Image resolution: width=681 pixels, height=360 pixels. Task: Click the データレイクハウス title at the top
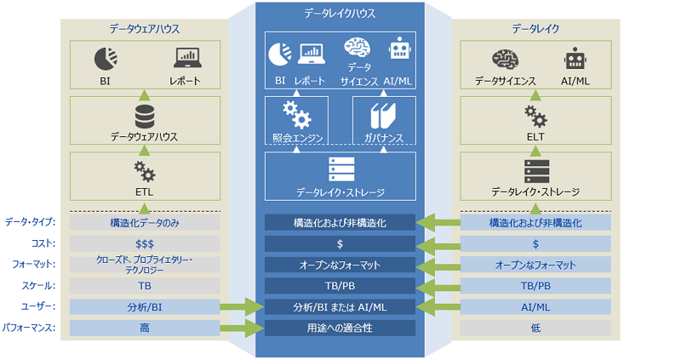coord(340,14)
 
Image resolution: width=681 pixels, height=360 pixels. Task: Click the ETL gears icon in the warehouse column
coord(145,171)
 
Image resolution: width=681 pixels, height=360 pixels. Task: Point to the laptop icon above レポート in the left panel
coord(185,59)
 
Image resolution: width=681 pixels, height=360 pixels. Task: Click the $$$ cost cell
coord(145,244)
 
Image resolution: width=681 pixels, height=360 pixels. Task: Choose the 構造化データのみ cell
coord(145,223)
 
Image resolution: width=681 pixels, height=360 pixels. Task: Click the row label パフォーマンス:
coord(31,327)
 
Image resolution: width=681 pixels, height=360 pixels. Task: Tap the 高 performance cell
coord(145,327)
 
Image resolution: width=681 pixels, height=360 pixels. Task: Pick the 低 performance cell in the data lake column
coord(536,327)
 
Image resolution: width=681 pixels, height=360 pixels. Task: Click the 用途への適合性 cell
coord(340,328)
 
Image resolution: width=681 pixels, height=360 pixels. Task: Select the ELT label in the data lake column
coord(536,136)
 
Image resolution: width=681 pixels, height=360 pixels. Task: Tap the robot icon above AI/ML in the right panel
coord(576,59)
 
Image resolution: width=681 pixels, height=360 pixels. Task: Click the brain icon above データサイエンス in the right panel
coord(505,59)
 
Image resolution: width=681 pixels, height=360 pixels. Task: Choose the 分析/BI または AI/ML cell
coord(340,306)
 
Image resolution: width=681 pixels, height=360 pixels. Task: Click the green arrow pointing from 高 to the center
coord(243,328)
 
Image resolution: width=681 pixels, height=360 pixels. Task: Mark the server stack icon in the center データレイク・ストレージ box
coord(340,169)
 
